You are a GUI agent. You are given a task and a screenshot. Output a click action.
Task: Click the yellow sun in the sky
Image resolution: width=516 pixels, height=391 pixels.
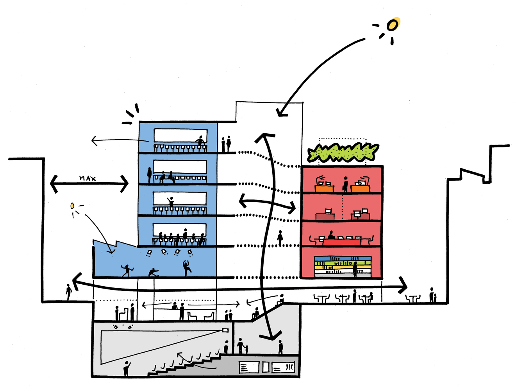coord(393,25)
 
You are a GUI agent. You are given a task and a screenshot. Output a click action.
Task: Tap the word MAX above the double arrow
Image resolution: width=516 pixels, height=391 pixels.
coord(87,178)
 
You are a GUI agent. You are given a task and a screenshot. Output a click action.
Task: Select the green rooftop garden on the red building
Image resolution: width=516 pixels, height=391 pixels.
coord(343,152)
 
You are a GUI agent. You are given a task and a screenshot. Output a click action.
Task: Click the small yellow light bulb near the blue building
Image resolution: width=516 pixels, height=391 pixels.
coord(72,206)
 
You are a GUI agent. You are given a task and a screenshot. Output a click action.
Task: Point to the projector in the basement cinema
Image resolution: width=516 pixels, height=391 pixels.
coord(225,330)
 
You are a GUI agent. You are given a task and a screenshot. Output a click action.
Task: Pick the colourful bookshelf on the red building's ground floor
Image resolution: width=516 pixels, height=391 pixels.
coord(343,266)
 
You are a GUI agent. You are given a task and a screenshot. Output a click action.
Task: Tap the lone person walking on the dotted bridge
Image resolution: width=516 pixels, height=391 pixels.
coord(280,238)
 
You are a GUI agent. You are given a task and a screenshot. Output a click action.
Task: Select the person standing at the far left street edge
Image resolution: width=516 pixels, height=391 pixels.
coord(69,292)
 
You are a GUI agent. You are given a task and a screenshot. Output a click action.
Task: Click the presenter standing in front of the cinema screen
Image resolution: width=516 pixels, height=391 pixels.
coord(127,368)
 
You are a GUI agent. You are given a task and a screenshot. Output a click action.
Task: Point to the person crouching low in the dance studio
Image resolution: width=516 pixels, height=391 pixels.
coord(153,272)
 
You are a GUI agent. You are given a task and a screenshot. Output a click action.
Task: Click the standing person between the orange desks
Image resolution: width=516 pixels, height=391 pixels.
coord(345,184)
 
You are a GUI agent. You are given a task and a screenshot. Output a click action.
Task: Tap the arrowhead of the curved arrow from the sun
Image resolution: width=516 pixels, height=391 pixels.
coord(281,113)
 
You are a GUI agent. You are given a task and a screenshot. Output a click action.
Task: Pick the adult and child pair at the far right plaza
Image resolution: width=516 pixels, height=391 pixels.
coord(432,296)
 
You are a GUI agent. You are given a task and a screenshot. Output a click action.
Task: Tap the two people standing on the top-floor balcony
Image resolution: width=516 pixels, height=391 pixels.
coord(226,144)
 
